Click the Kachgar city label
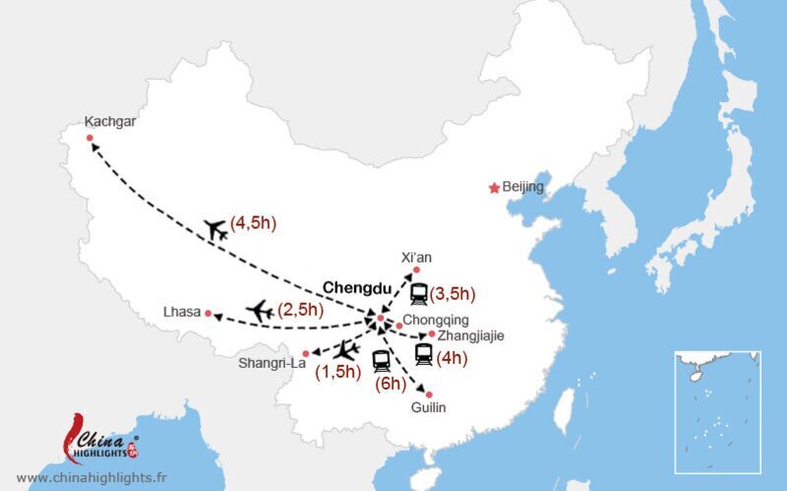point(110,123)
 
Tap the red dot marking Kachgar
point(90,139)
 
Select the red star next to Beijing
point(494,188)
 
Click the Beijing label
point(522,187)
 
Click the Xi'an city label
point(416,257)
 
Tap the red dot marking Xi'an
point(416,270)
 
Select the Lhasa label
point(183,313)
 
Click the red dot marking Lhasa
point(209,313)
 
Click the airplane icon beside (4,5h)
point(215,229)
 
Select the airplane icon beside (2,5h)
point(260,310)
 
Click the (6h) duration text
point(392,383)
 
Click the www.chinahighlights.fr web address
point(91,478)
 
